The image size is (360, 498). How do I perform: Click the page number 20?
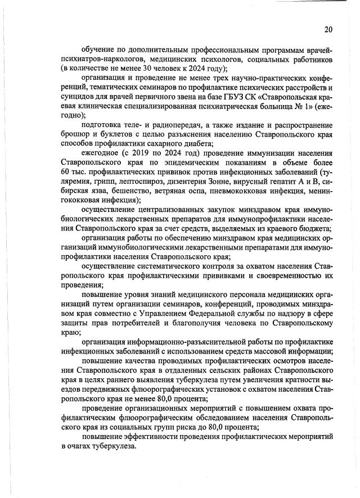click(x=328, y=30)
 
